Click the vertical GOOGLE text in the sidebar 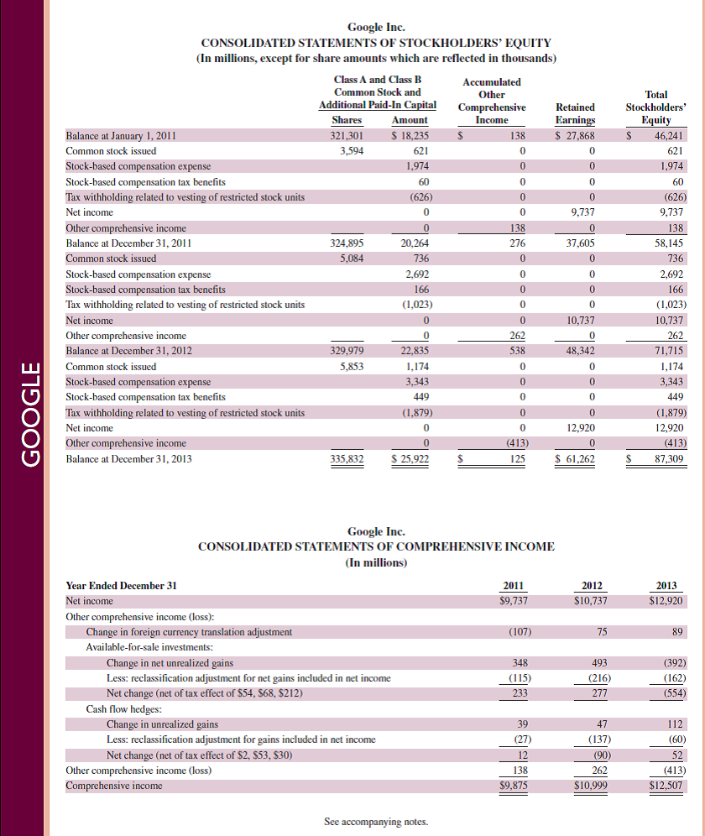click(30, 413)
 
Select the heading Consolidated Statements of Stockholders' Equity click(376, 43)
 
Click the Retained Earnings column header click(575, 113)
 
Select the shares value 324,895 click(346, 243)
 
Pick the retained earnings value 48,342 click(575, 351)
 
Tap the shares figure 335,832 click(346, 458)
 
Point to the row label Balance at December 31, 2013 click(128, 458)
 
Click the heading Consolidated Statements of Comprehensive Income click(376, 546)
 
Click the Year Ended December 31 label click(122, 585)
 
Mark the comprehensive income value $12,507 click(667, 786)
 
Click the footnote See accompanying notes click(376, 822)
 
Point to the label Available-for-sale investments click(149, 647)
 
